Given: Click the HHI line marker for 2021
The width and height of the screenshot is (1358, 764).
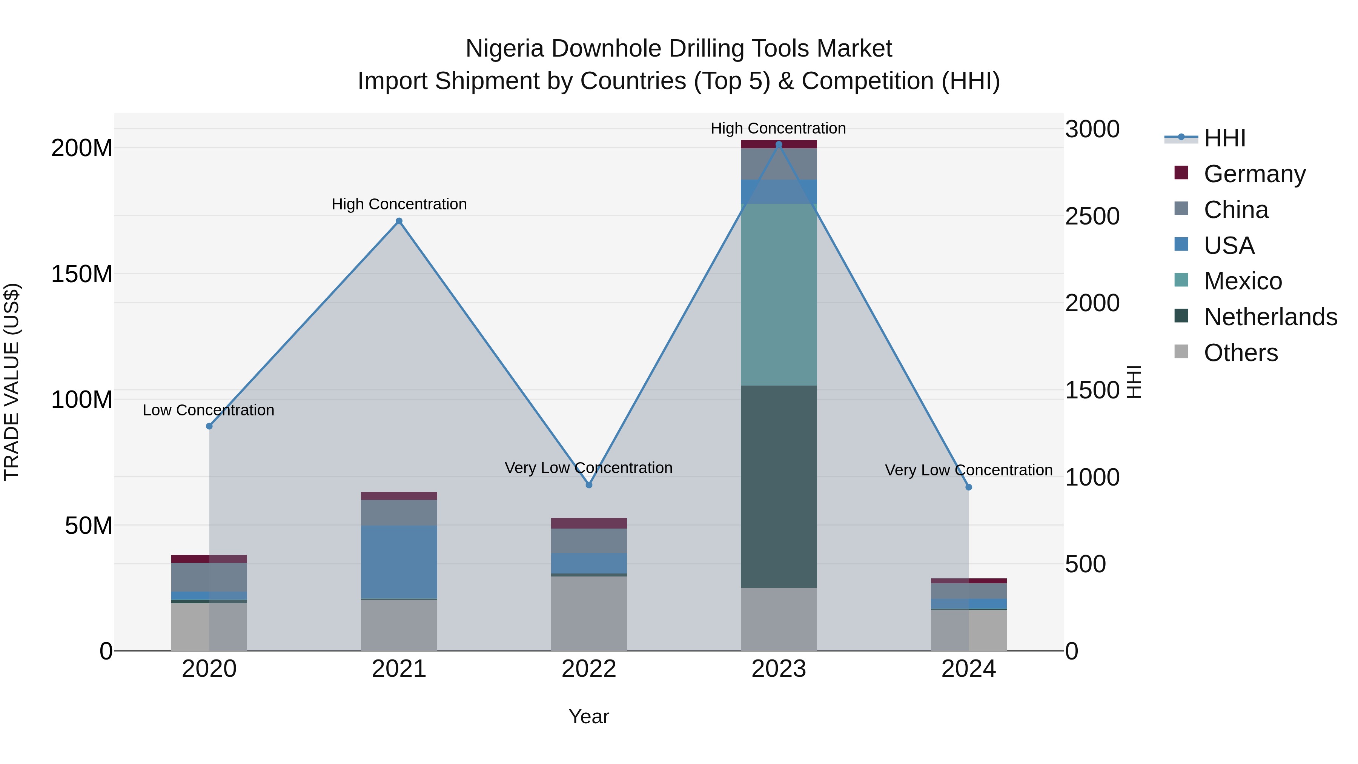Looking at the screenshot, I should (399, 221).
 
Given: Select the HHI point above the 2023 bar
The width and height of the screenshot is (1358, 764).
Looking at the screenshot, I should (779, 144).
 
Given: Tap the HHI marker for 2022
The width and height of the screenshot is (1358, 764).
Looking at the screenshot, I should (589, 484).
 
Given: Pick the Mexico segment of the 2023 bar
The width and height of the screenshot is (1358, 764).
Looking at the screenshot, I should (779, 294).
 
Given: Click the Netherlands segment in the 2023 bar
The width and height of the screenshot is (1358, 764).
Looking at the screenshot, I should (779, 486).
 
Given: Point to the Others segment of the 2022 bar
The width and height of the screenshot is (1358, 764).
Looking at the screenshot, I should (589, 613).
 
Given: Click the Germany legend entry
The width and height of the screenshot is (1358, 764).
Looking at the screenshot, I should (1254, 174).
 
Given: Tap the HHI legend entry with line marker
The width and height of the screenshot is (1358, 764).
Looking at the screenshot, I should (1224, 138).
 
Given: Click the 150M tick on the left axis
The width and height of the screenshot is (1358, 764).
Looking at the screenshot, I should (82, 274).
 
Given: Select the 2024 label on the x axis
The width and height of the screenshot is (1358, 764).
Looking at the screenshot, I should (968, 669).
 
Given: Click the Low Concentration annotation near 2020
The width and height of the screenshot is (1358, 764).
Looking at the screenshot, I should (208, 410).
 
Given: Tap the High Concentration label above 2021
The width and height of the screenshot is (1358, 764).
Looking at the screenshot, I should (399, 204).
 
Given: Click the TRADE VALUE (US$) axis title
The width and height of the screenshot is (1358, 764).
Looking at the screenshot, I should (12, 382).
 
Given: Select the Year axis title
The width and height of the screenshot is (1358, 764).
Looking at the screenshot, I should (589, 716).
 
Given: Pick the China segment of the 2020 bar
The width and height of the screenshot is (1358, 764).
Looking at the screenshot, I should (209, 577).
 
